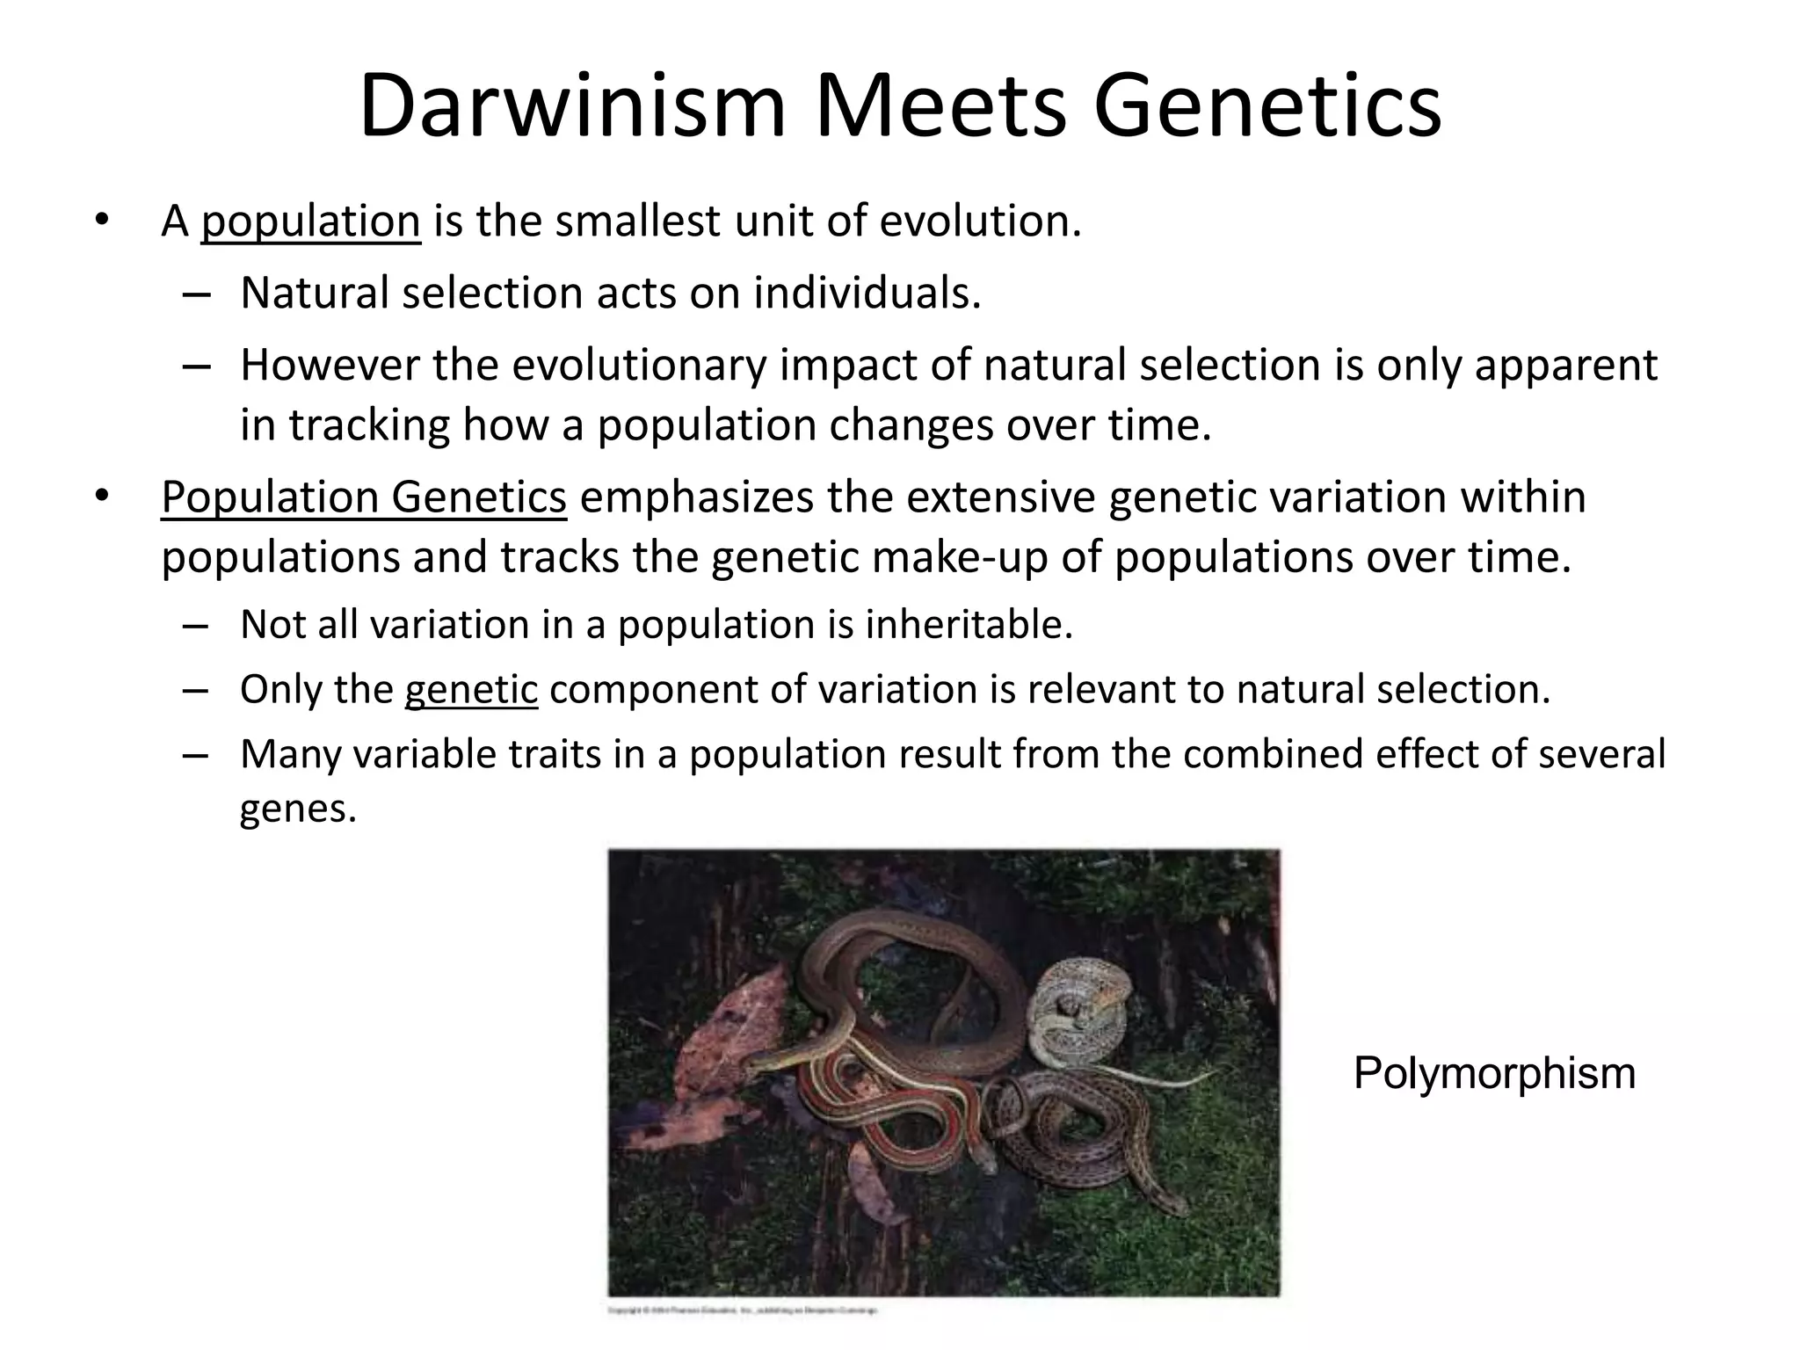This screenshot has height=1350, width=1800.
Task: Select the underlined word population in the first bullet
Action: point(310,221)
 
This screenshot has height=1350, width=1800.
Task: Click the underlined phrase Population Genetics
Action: point(364,497)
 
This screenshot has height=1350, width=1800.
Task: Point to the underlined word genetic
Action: point(471,689)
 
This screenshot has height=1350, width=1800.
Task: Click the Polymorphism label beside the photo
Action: point(1494,1073)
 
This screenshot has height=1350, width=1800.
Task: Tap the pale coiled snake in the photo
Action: point(1077,1011)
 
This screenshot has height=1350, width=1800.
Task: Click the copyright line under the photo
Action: point(743,1311)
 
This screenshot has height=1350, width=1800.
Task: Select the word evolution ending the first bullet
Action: point(979,221)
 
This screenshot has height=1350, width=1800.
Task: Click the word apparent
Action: point(1565,366)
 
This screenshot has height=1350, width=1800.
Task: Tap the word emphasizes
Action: point(695,497)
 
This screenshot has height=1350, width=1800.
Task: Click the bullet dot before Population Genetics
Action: point(102,496)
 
